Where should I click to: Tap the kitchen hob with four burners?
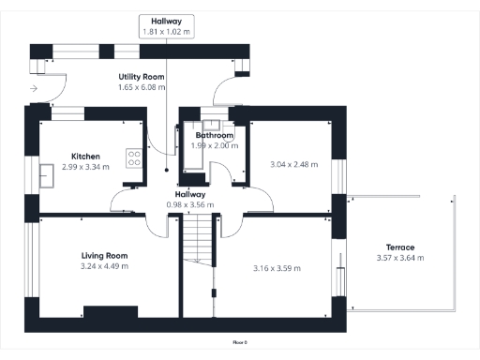(134, 158)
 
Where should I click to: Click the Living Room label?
(104, 255)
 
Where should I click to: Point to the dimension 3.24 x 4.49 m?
(104, 266)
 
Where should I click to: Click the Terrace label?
(399, 247)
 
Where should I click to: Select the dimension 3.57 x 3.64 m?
(399, 258)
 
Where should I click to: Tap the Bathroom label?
(215, 135)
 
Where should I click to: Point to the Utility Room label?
(142, 76)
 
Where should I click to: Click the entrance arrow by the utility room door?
(34, 88)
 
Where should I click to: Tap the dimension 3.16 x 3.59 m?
(278, 268)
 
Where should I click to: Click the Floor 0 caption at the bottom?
(239, 344)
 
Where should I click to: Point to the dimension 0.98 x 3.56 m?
(191, 204)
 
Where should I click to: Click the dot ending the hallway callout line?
(166, 171)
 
